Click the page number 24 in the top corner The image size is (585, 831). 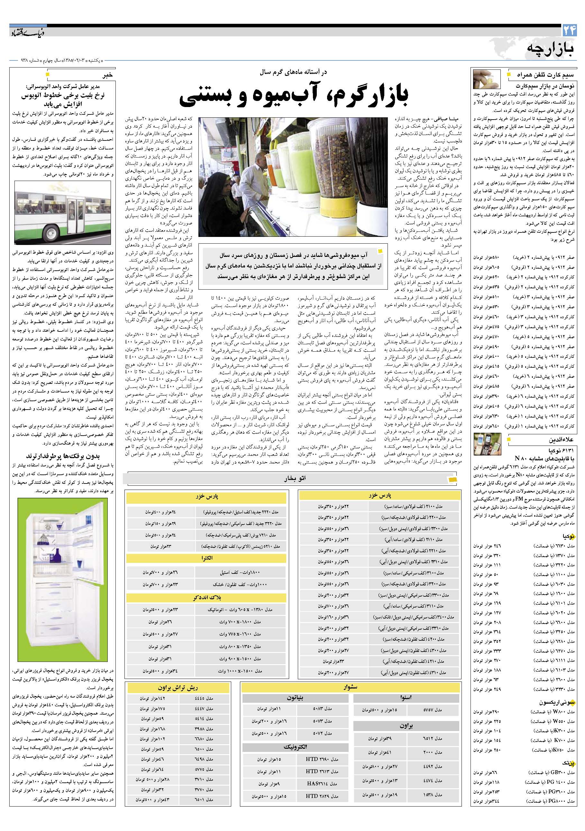pyautogui.click(x=569, y=31)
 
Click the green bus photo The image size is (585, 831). pyautogui.click(x=63, y=212)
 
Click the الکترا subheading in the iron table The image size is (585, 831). pyautogui.click(x=207, y=558)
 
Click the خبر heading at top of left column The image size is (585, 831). pyautogui.click(x=108, y=75)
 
